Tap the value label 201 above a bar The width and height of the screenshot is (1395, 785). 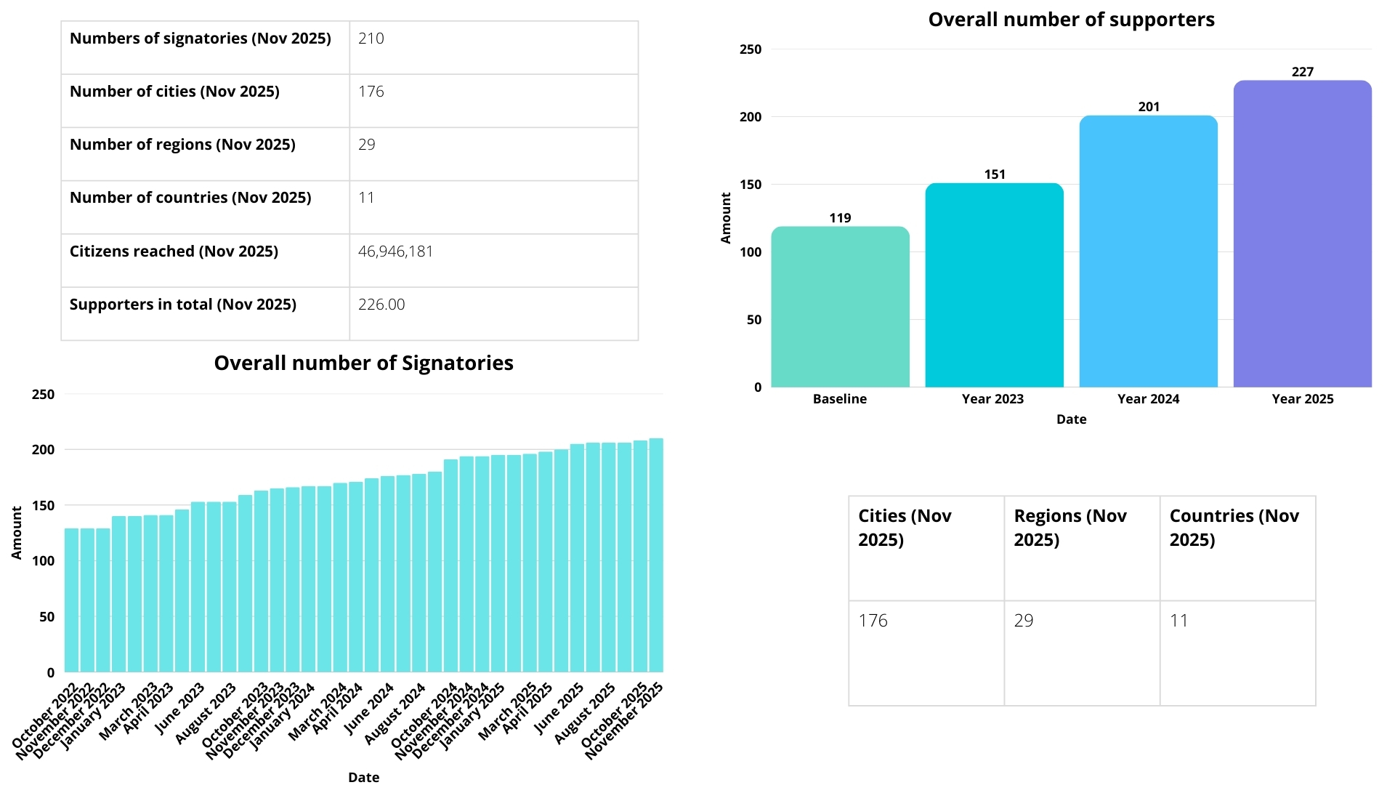pos(1149,107)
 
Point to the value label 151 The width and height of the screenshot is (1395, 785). pos(995,174)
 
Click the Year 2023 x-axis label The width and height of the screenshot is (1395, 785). pos(992,399)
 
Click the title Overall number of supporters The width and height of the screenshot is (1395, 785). pos(1071,20)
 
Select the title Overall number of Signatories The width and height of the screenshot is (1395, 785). pos(363,363)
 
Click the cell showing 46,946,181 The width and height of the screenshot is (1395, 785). pos(395,251)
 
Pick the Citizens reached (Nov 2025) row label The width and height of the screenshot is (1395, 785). pos(174,251)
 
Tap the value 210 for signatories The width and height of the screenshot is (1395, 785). pos(371,39)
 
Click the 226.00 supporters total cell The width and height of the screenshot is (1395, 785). pos(381,305)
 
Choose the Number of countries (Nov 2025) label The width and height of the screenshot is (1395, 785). pos(190,198)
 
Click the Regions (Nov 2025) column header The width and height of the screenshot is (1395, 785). pos(1070,528)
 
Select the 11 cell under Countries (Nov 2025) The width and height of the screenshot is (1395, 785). pos(1178,621)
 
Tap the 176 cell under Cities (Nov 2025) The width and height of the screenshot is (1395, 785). pos(873,621)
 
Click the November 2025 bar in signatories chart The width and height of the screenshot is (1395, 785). pos(656,556)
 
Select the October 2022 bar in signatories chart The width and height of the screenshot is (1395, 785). pos(71,600)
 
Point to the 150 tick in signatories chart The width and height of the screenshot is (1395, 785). pos(44,506)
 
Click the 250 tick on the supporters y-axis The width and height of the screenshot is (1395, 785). pos(751,49)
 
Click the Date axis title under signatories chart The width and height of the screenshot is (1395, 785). pos(363,777)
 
